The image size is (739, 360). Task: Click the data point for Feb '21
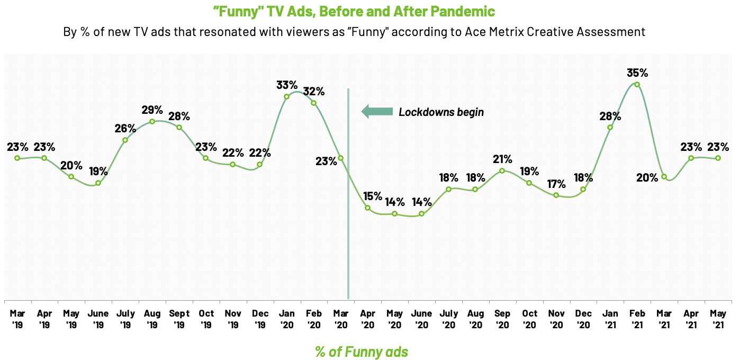(x=637, y=84)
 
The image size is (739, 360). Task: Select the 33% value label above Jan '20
(x=287, y=85)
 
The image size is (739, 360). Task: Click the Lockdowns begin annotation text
(x=441, y=112)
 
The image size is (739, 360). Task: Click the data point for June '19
(x=98, y=183)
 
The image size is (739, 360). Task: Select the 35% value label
(x=637, y=72)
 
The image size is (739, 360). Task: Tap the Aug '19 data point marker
(x=152, y=121)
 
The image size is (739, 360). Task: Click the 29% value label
(x=152, y=110)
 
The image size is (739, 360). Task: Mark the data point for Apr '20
(x=367, y=208)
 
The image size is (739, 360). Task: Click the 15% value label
(x=372, y=196)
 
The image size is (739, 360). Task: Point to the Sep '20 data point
(x=502, y=170)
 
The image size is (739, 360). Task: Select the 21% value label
(x=502, y=159)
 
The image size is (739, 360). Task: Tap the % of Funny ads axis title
(x=362, y=352)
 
